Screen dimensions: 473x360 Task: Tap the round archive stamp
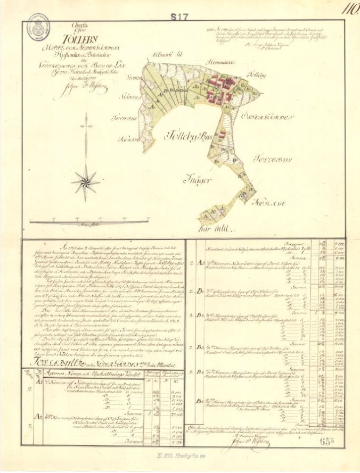(x=38, y=23)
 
